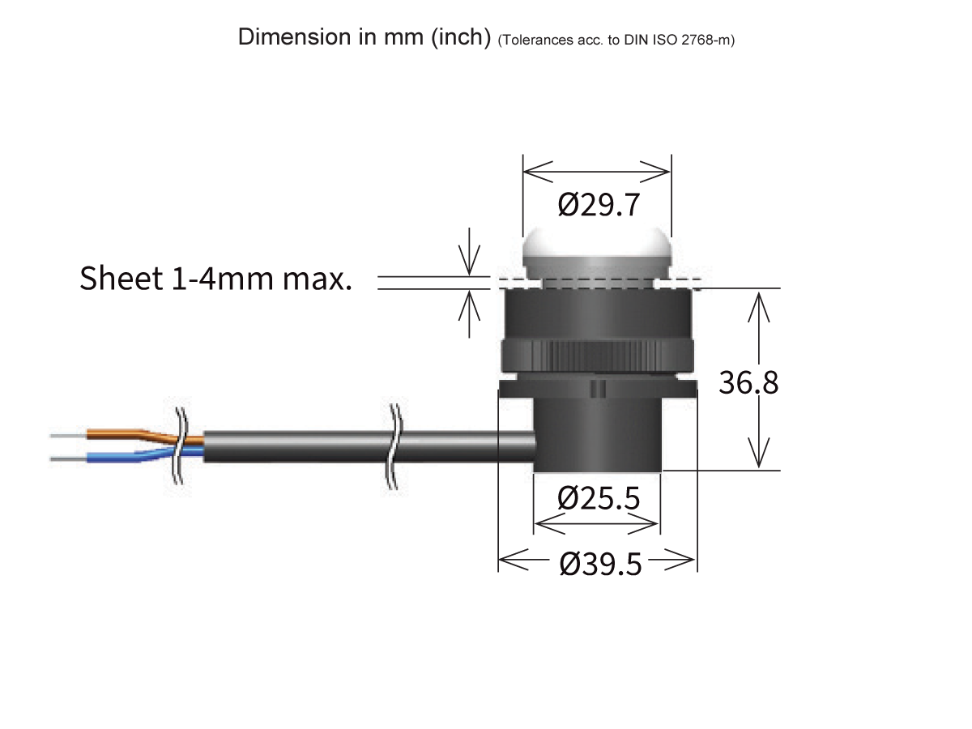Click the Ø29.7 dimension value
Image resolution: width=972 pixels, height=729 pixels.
coord(599,206)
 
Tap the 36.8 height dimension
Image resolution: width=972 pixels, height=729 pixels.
coord(748,382)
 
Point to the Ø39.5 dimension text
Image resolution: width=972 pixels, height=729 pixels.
coord(600,564)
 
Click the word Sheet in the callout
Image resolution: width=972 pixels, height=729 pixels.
coord(121,279)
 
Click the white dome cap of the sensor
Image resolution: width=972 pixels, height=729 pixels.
coord(597,251)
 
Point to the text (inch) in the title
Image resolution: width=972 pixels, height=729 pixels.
coord(461,38)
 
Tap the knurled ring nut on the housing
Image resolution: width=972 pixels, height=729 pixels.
coord(597,356)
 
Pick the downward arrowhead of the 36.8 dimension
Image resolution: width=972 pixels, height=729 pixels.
coord(759,458)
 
